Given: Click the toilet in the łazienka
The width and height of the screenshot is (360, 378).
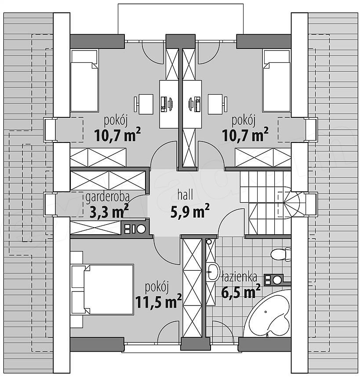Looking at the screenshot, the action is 281,254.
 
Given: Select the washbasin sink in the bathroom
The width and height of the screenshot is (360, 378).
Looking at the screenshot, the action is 212,272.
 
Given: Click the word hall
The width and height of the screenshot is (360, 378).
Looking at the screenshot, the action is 185,195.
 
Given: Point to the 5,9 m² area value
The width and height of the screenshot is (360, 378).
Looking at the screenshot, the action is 190,211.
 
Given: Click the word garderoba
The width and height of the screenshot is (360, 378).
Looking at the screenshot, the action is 108,197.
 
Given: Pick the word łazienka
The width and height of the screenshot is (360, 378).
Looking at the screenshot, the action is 239,277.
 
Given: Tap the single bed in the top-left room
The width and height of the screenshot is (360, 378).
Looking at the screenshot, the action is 84,81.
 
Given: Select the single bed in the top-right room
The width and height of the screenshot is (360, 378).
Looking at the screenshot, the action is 276,81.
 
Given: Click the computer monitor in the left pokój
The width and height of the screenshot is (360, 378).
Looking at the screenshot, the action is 171,104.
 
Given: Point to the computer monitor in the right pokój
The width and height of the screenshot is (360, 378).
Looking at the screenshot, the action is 190,104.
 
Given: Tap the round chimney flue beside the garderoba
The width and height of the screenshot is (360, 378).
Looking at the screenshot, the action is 141,229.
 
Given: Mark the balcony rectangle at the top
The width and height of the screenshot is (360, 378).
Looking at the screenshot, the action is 180,19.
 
